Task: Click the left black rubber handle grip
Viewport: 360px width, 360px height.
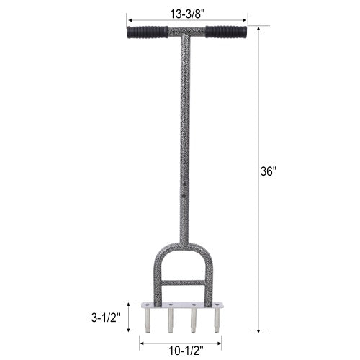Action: [x=147, y=32]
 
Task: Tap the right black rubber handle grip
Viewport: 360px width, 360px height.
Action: [x=226, y=32]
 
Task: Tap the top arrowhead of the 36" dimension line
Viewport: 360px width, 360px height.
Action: [x=258, y=28]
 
